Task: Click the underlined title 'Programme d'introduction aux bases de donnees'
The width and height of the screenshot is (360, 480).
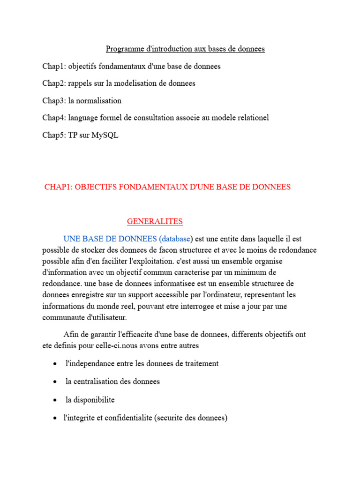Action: click(185, 49)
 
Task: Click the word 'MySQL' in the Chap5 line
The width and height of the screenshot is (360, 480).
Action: click(106, 135)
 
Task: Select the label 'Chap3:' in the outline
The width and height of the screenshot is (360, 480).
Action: click(54, 101)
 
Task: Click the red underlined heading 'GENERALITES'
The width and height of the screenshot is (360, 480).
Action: click(155, 221)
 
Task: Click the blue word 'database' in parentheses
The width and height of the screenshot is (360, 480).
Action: click(176, 239)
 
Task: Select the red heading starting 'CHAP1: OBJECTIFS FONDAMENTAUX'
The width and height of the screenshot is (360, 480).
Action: click(167, 187)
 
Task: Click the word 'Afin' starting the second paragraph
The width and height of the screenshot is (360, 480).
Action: click(70, 335)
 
